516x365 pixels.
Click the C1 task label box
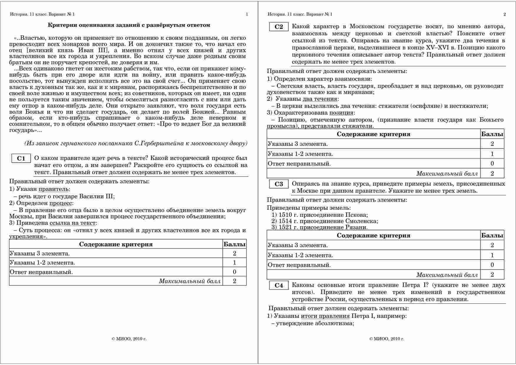21,158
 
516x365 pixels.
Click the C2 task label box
279,27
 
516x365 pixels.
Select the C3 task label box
279,184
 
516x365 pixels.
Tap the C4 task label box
279,285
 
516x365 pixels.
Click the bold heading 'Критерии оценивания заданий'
129,25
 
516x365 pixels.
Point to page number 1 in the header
247,14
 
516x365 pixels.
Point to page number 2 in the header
505,14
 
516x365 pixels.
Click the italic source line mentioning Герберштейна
136,143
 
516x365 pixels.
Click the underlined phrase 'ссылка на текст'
72,223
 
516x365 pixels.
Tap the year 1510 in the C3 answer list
285,215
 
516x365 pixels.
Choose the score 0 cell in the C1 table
234,272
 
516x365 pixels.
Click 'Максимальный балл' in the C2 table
447,174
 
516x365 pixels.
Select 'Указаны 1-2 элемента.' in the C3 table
300,255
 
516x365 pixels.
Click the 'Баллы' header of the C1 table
234,244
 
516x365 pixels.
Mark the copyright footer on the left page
129,339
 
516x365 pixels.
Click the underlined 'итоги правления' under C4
325,316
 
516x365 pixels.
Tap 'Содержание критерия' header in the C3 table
373,235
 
